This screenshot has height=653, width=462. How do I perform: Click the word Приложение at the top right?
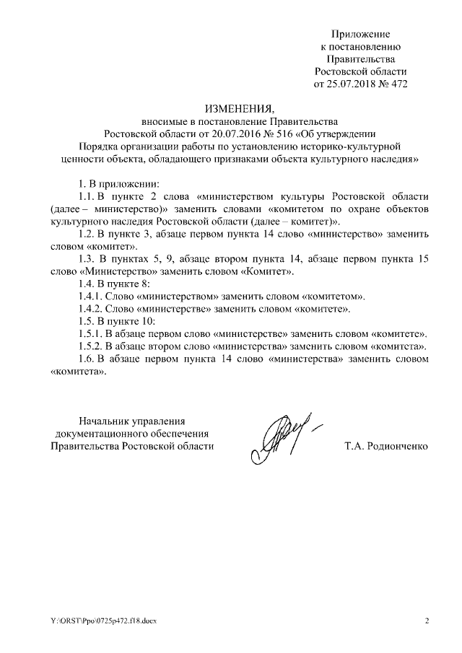pyautogui.click(x=361, y=34)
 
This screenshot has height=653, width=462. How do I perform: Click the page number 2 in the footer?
pyautogui.click(x=427, y=621)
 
